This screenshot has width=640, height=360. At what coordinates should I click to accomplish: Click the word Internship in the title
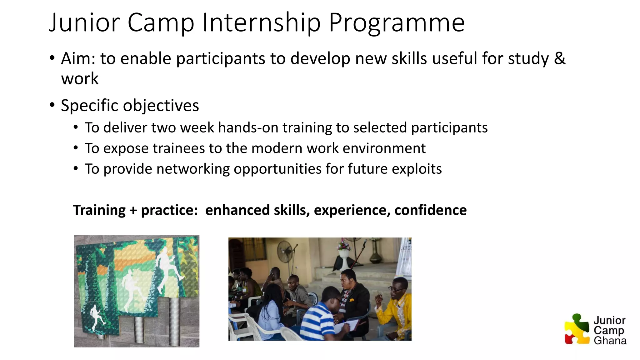point(261,22)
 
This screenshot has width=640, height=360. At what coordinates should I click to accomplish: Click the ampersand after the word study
point(559,58)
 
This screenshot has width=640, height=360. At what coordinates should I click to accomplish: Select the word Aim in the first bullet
point(78,58)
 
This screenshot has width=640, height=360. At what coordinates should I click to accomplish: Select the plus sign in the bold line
point(133,210)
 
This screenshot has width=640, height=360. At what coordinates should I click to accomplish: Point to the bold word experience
point(352,210)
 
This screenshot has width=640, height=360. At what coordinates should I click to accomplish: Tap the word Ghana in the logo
point(610,340)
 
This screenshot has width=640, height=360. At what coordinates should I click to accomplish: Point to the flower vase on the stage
point(344,253)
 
